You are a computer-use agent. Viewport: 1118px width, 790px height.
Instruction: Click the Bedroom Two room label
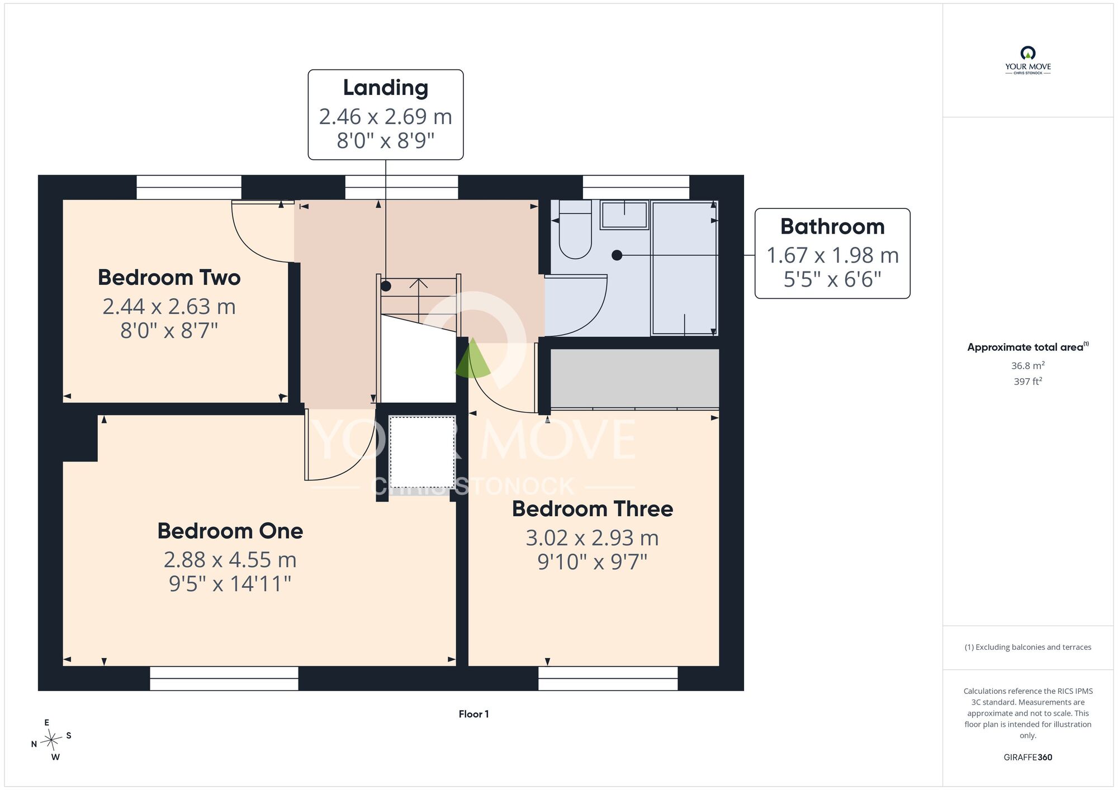point(169,278)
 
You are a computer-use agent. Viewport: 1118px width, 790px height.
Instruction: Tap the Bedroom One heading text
point(230,531)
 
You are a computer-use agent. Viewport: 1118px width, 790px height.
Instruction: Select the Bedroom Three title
point(593,509)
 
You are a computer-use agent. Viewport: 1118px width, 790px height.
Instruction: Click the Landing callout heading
point(386,88)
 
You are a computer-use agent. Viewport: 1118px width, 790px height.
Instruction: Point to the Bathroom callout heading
point(832,227)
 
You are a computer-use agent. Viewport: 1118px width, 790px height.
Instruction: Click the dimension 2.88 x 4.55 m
point(230,560)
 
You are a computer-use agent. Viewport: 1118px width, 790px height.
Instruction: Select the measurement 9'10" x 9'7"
point(593,562)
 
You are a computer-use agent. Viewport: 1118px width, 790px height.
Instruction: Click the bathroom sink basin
point(624,215)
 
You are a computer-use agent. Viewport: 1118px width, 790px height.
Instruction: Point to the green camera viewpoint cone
point(473,358)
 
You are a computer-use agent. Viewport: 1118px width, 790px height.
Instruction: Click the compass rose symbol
point(51,741)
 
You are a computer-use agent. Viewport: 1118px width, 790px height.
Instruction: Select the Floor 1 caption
point(473,714)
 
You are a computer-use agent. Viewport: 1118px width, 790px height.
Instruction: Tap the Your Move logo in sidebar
point(1028,60)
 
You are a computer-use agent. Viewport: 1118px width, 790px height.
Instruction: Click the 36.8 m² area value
point(1028,365)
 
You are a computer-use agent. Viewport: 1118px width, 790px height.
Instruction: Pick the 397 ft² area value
point(1028,381)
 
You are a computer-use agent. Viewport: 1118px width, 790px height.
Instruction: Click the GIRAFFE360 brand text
point(1028,758)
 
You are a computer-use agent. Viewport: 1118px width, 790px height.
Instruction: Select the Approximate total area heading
point(1028,347)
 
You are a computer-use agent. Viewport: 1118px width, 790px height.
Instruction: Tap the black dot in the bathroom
point(617,255)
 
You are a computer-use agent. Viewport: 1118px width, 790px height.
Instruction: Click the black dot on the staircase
point(386,286)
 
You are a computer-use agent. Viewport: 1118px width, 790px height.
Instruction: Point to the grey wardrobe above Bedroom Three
point(635,379)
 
